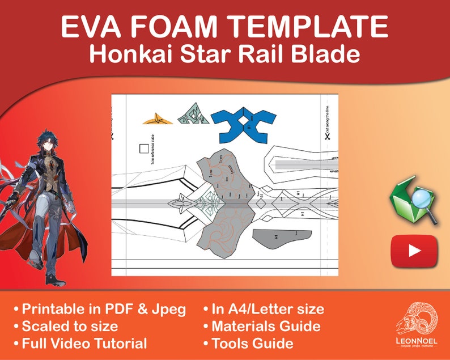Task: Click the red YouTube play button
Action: click(x=414, y=250)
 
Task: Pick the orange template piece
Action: click(x=157, y=118)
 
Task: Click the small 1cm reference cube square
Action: click(x=144, y=149)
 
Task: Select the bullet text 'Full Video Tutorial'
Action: click(x=84, y=343)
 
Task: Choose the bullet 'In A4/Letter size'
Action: click(x=268, y=309)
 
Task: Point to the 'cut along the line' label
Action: click(x=328, y=119)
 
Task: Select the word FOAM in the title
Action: click(x=183, y=27)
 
